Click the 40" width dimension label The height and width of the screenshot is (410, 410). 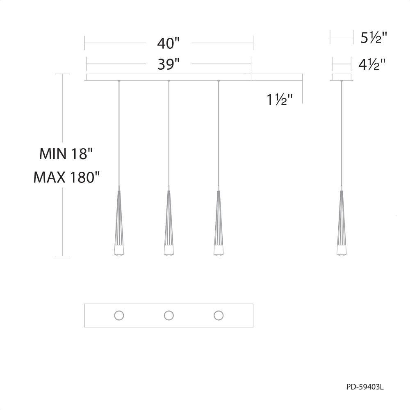169,43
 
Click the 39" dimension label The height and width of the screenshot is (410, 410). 169,64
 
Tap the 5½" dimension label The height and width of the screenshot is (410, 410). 374,37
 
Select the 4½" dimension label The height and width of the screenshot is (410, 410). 372,64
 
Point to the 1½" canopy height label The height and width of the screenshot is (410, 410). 280,100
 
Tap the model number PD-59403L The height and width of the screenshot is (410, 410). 365,387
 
